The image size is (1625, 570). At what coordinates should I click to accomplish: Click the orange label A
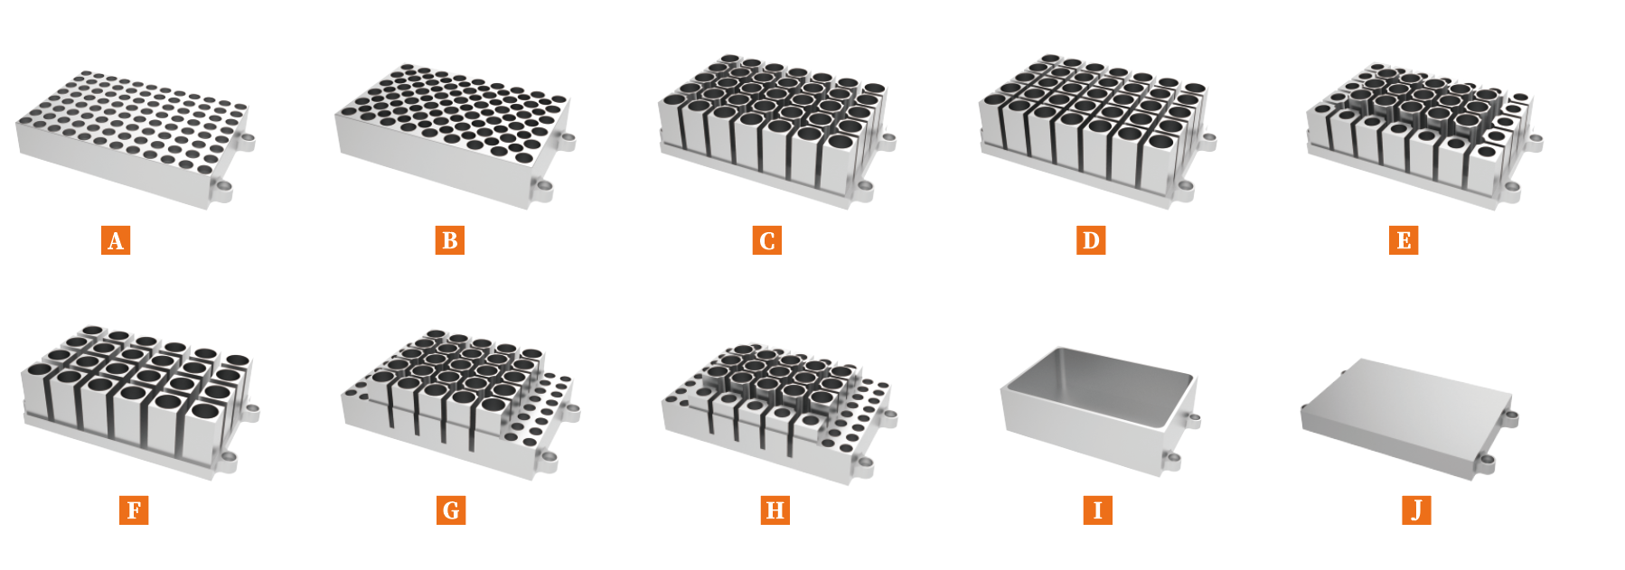[116, 240]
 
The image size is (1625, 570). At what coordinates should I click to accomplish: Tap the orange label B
[449, 240]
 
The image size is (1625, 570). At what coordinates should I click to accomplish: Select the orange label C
[767, 240]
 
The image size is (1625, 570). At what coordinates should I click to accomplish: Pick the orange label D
[1091, 240]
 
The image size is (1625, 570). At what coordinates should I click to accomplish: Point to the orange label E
[1404, 240]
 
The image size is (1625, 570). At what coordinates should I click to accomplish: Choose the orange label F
[134, 510]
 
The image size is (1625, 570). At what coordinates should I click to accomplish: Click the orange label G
[451, 510]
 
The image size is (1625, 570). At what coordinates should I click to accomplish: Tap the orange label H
[775, 510]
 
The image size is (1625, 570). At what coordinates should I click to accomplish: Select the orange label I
[1097, 510]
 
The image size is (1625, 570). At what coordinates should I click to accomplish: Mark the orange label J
[1416, 510]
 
